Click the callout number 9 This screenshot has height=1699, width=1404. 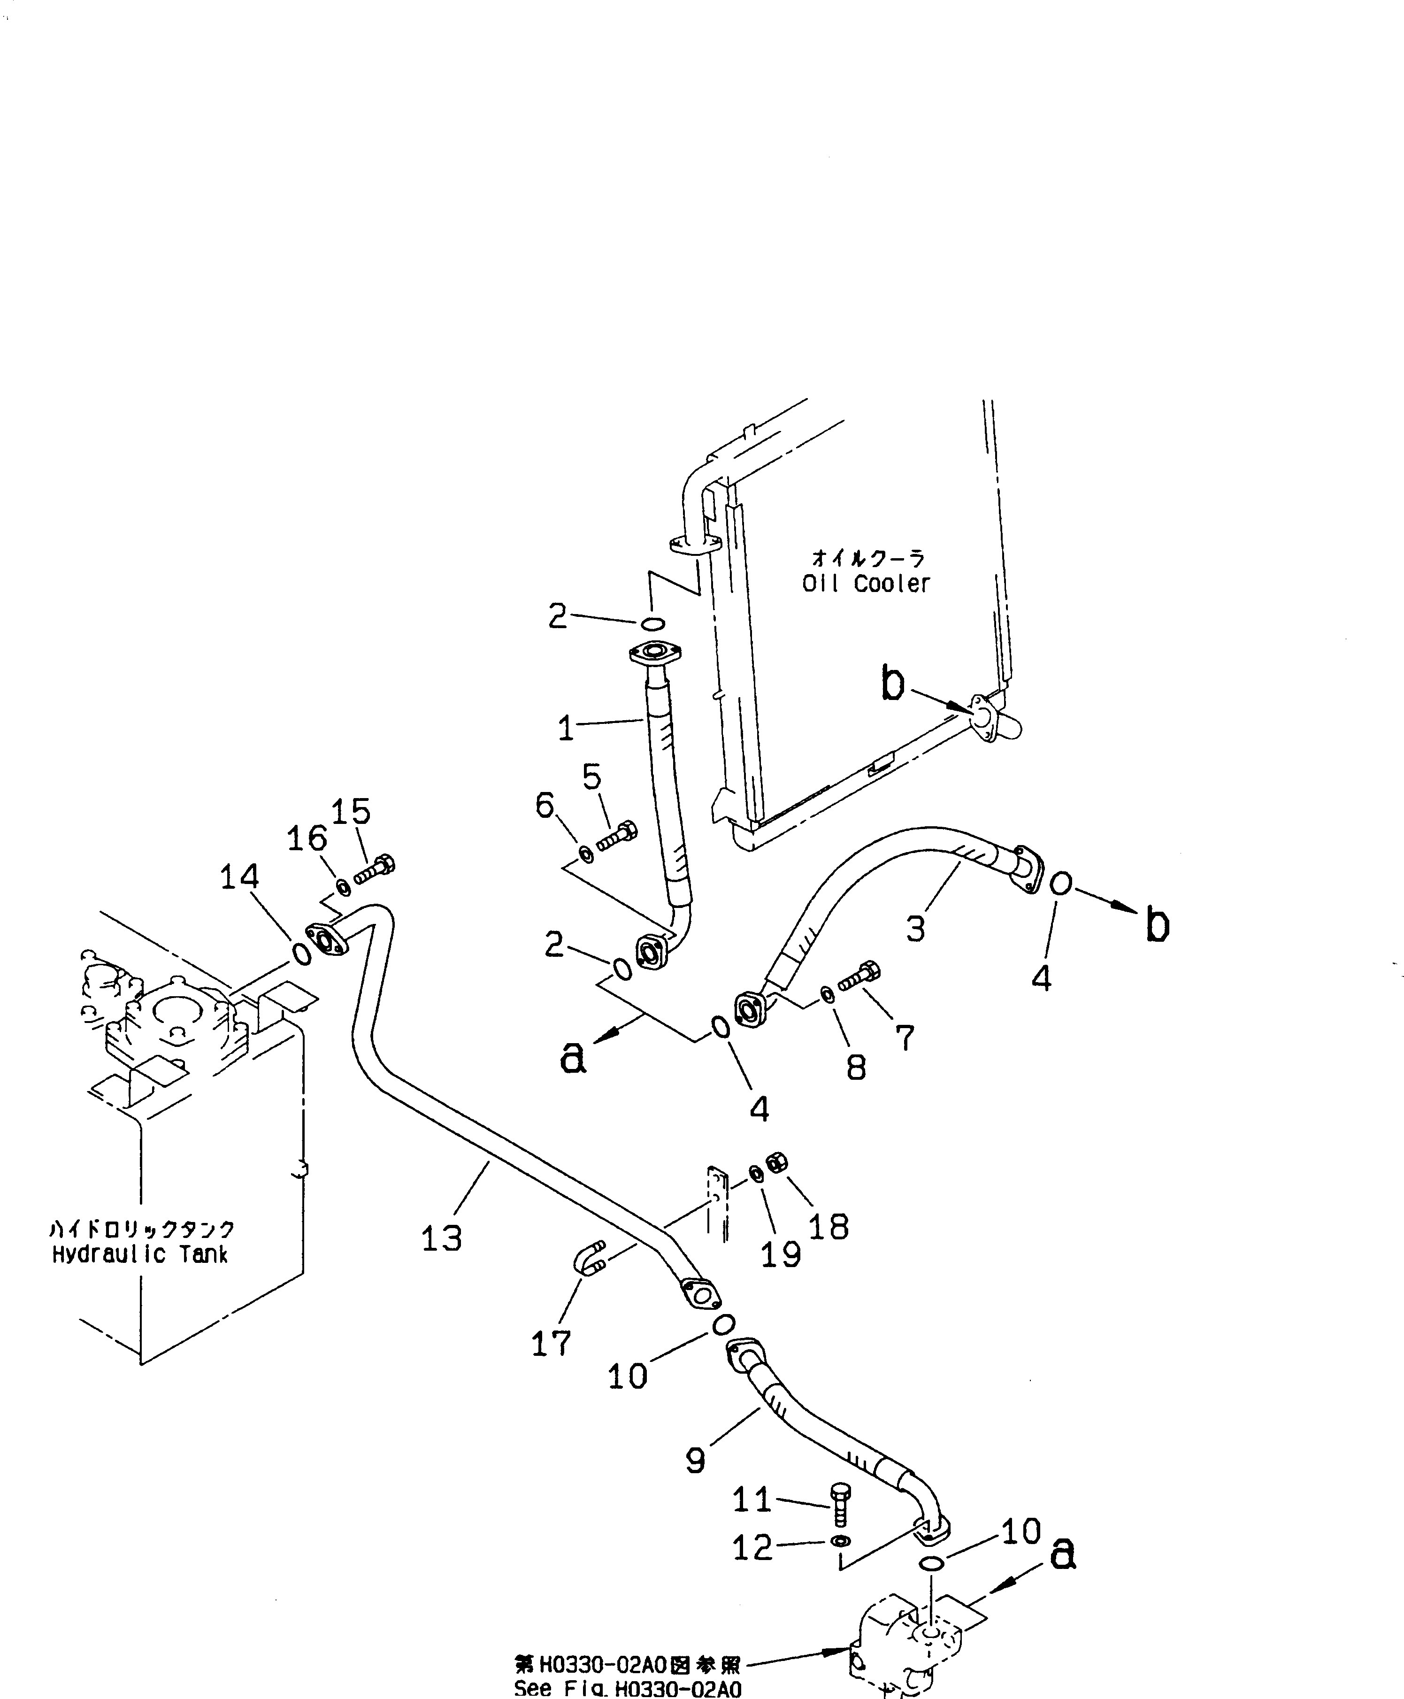point(696,1460)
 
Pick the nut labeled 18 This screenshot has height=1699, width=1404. point(776,1162)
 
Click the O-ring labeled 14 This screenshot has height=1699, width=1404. point(301,954)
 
